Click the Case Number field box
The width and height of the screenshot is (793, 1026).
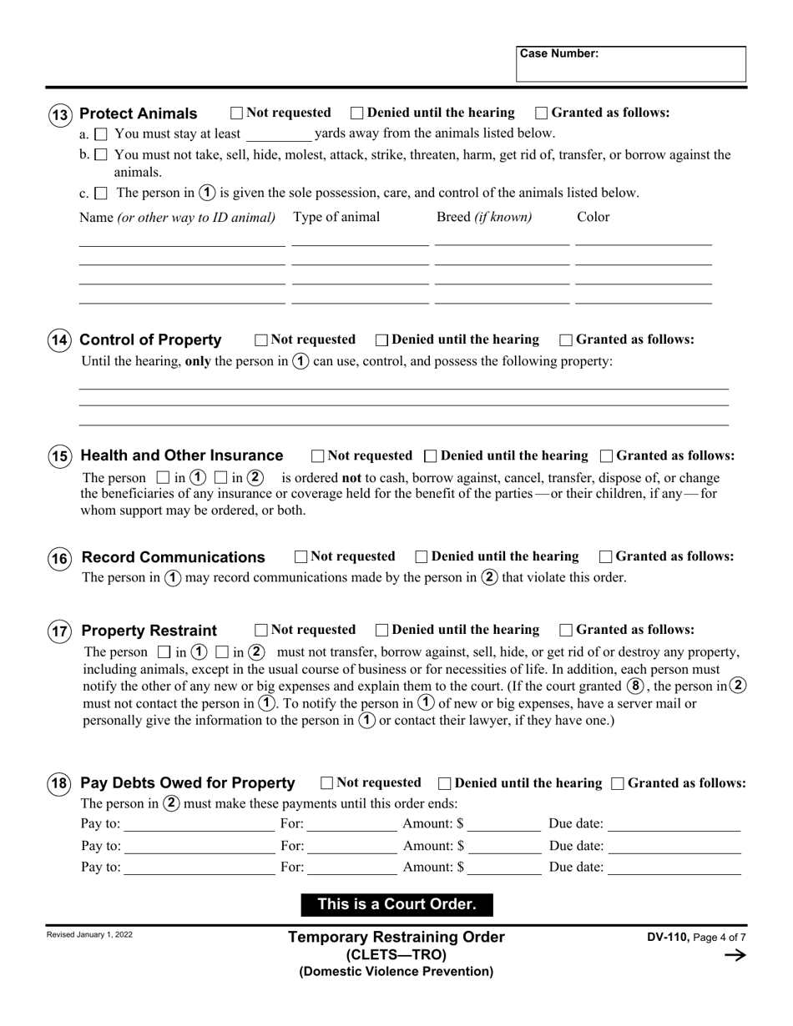point(631,64)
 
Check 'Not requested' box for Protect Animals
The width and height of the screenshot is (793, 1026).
point(236,113)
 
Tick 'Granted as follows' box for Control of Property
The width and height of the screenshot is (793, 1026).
point(566,339)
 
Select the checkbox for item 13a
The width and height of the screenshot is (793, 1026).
point(101,133)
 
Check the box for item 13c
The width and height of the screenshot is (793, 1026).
point(101,194)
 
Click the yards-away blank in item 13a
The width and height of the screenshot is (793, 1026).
point(279,134)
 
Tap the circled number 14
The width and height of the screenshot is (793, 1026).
point(59,340)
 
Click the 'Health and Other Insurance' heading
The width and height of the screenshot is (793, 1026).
point(182,455)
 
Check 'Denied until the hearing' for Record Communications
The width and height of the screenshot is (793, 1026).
point(422,556)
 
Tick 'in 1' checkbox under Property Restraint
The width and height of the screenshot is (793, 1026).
point(164,652)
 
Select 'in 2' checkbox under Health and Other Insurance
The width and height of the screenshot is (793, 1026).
point(221,478)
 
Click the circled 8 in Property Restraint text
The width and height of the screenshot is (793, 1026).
point(636,687)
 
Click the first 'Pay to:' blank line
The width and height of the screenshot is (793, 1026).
point(199,825)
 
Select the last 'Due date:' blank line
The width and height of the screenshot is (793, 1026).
point(674,868)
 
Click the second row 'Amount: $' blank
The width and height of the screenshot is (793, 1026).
point(504,846)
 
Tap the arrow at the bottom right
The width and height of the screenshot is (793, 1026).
point(735,956)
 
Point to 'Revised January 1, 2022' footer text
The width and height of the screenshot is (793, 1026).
point(89,935)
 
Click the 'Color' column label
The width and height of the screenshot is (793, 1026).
point(593,217)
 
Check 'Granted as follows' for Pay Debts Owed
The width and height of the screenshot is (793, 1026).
point(618,783)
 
